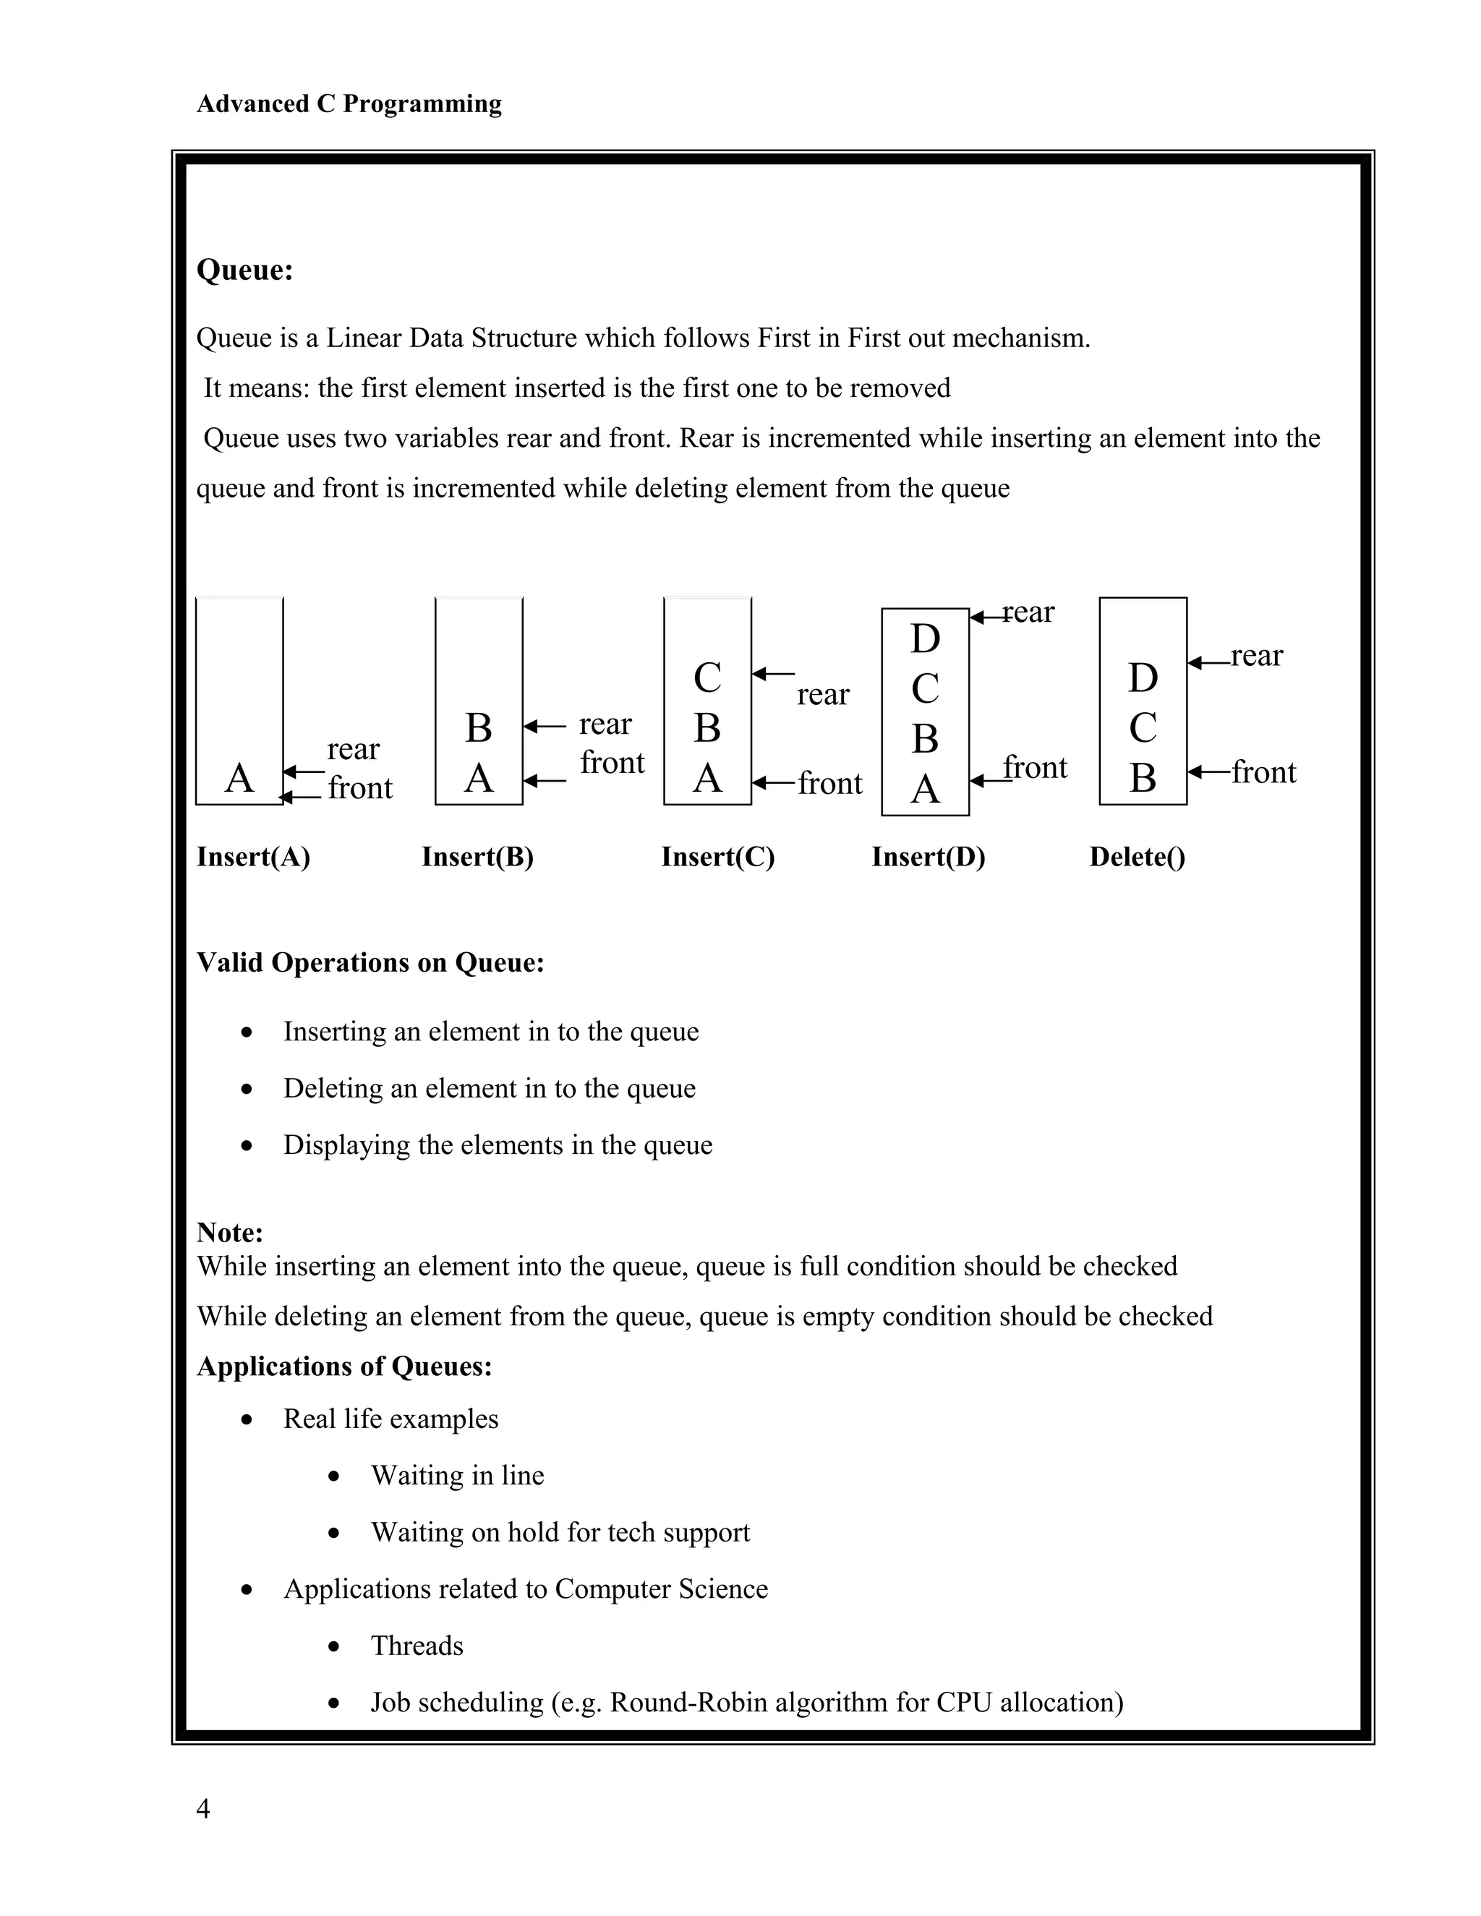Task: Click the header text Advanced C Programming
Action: click(x=349, y=103)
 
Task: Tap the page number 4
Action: click(x=202, y=1808)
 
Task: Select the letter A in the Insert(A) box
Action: click(x=239, y=778)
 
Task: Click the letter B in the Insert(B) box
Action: click(x=478, y=727)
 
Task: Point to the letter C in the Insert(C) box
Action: click(x=707, y=677)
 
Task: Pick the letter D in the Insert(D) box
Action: click(x=925, y=638)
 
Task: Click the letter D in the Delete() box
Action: click(x=1143, y=677)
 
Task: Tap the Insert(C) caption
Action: click(x=717, y=856)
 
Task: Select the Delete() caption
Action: click(x=1137, y=856)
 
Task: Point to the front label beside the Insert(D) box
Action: click(x=1036, y=768)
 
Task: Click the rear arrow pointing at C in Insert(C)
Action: click(x=773, y=674)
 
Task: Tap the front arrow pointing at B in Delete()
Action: click(x=1208, y=772)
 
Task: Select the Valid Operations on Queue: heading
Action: click(x=370, y=962)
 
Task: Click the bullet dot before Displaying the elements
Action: click(x=247, y=1146)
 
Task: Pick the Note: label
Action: click(x=230, y=1233)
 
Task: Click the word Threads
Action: click(x=417, y=1646)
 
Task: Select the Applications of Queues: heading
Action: click(x=344, y=1367)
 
